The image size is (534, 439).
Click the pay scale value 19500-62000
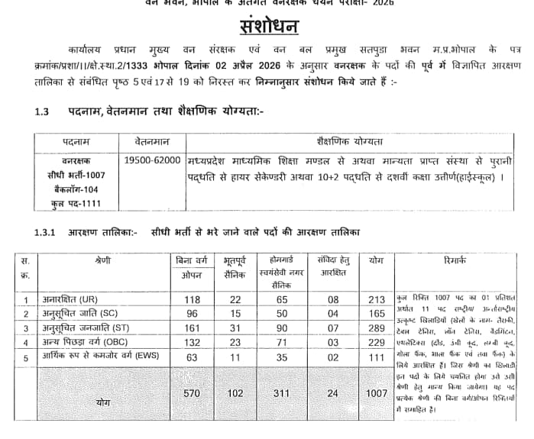click(152, 160)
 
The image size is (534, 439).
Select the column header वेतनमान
click(152, 141)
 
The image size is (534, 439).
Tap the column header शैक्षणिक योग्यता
click(349, 141)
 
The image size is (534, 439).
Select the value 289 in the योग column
click(376, 328)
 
